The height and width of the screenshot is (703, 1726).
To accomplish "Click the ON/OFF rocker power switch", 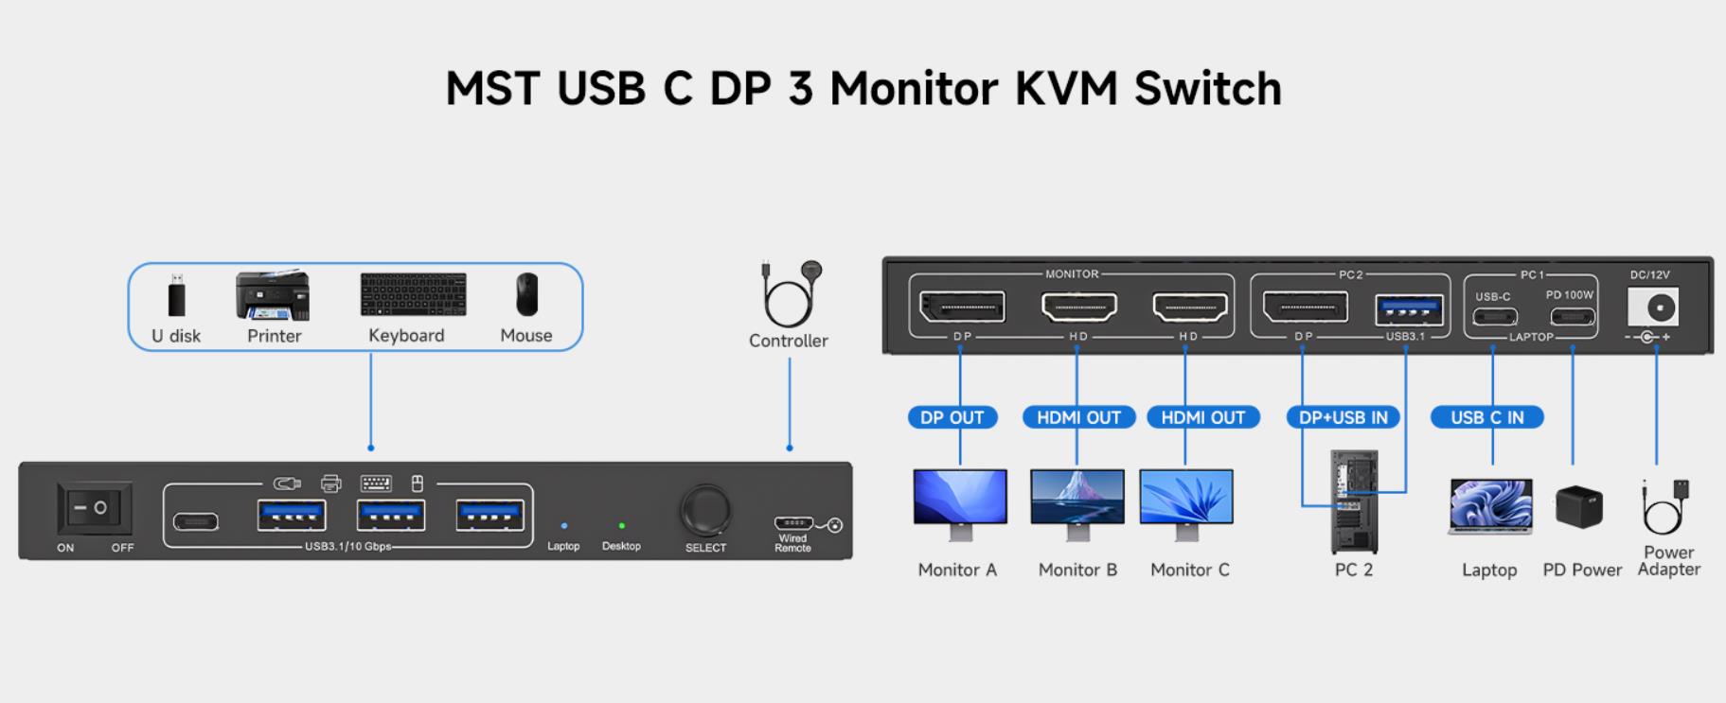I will tap(94, 509).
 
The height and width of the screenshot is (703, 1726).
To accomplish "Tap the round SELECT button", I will tap(705, 511).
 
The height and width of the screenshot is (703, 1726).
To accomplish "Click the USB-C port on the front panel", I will tap(196, 521).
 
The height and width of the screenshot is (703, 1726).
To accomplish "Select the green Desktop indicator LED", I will tap(621, 525).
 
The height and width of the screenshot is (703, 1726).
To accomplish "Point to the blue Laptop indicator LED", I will tap(564, 525).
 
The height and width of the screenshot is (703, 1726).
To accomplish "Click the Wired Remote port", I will tap(793, 523).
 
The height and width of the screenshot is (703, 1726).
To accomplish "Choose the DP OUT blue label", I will tap(952, 417).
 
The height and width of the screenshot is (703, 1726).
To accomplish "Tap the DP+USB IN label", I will tap(1343, 417).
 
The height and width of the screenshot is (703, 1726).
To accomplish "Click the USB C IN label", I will tap(1486, 417).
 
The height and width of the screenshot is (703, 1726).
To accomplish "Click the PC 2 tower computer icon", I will tap(1354, 501).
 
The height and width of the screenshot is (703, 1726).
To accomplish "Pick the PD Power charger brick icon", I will tap(1578, 507).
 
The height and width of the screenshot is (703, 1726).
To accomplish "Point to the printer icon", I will tap(273, 296).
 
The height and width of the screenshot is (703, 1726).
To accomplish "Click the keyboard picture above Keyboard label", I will tap(413, 295).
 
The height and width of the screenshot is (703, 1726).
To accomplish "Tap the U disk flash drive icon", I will tap(176, 296).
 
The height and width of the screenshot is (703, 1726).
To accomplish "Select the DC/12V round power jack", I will tap(1659, 308).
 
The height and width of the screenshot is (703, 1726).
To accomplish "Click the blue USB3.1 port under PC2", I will tap(1408, 309).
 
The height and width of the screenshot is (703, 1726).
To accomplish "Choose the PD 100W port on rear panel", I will tap(1572, 317).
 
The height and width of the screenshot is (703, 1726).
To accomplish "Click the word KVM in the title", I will tap(1068, 88).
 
